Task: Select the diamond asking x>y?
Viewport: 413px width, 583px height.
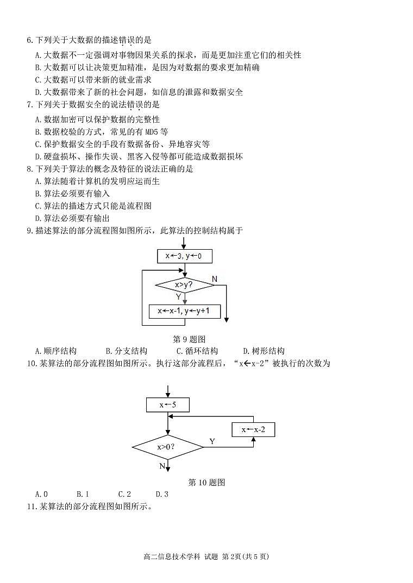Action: (x=185, y=284)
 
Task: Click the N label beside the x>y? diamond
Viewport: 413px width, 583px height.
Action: (x=215, y=279)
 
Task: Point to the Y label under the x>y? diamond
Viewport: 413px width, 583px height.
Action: (x=178, y=297)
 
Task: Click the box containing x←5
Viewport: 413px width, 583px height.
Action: (x=167, y=405)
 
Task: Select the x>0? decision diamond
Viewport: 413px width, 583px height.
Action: (x=167, y=447)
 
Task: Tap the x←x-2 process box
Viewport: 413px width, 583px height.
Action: (x=253, y=430)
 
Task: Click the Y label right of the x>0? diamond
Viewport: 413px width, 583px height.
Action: (x=212, y=442)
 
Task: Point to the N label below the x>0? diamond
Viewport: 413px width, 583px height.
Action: (x=162, y=466)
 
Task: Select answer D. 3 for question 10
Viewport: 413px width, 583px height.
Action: (x=162, y=494)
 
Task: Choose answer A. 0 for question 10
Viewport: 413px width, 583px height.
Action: (x=41, y=494)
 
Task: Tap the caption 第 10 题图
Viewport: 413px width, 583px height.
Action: (x=206, y=482)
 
